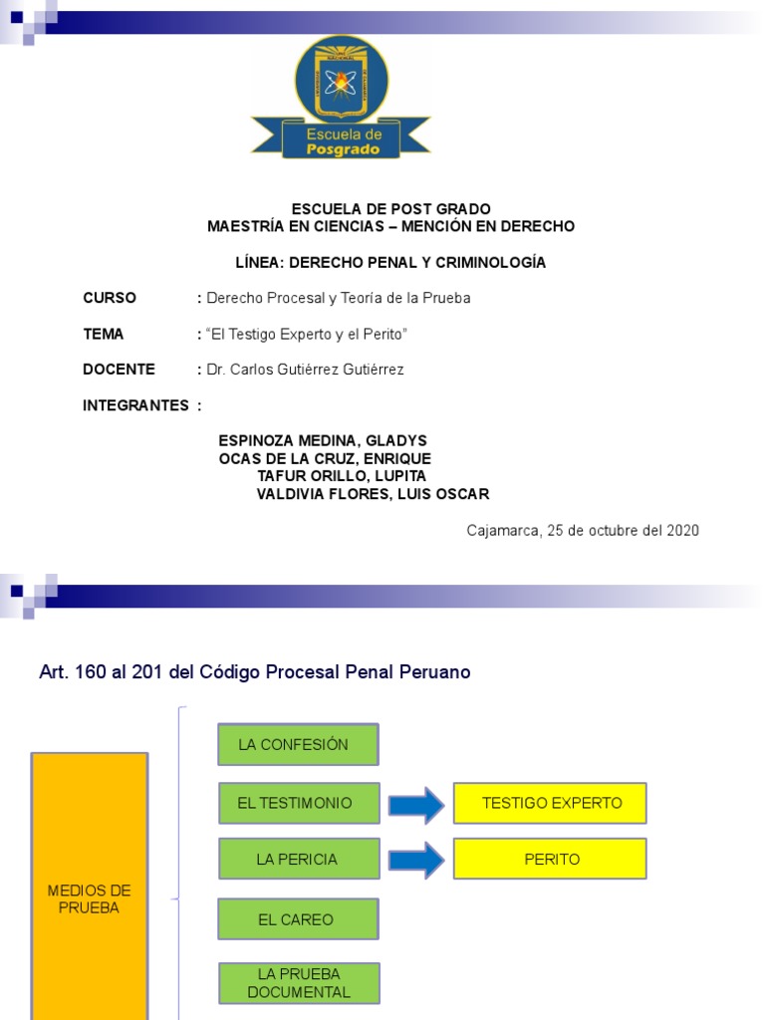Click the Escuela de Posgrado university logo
pyautogui.click(x=341, y=98)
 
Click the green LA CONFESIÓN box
pyautogui.click(x=298, y=744)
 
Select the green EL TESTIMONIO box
pyautogui.click(x=299, y=803)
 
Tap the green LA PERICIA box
pyautogui.click(x=299, y=859)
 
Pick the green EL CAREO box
pyautogui.click(x=298, y=919)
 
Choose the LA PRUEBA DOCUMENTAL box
pyautogui.click(x=299, y=983)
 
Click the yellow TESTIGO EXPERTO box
pyautogui.click(x=550, y=803)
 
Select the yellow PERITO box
pyautogui.click(x=550, y=859)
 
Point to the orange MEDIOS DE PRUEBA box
pyautogui.click(x=90, y=896)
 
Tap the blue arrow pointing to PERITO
pyautogui.click(x=415, y=860)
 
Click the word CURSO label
pyautogui.click(x=110, y=298)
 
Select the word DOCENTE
pyautogui.click(x=119, y=370)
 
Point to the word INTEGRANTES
pyautogui.click(x=135, y=405)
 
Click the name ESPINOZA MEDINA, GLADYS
pyautogui.click(x=322, y=440)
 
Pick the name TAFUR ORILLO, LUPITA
pyautogui.click(x=342, y=476)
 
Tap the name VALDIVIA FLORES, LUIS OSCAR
pyautogui.click(x=373, y=494)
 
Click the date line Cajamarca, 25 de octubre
pyautogui.click(x=583, y=531)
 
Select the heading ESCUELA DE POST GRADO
pyautogui.click(x=390, y=209)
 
